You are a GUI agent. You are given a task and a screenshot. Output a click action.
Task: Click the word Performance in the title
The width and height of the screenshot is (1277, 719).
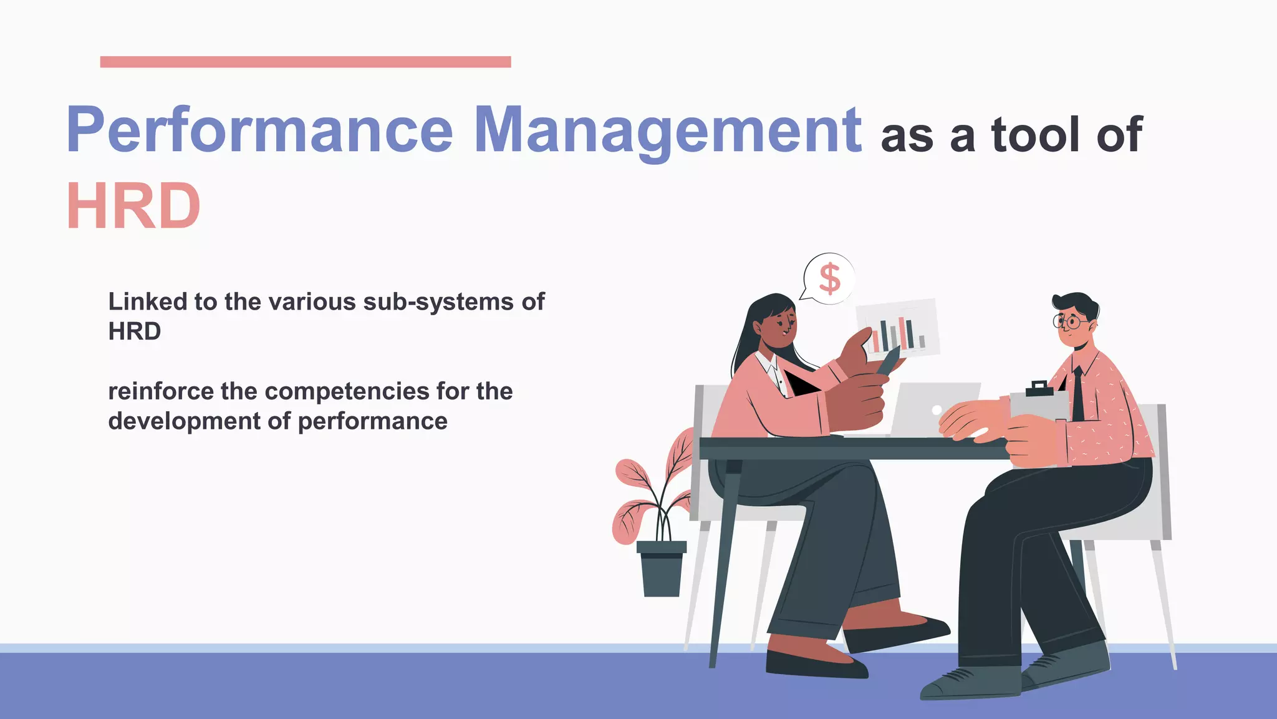pyautogui.click(x=259, y=130)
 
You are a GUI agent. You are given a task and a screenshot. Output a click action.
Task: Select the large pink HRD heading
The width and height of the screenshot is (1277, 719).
pyautogui.click(x=133, y=207)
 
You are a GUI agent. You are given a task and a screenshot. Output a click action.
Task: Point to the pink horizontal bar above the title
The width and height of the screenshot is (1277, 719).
pyautogui.click(x=306, y=62)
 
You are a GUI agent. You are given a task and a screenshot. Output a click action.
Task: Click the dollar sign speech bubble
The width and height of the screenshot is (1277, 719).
pyautogui.click(x=829, y=278)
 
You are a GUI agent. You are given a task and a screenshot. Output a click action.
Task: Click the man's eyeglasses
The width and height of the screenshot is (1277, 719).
pyautogui.click(x=1069, y=322)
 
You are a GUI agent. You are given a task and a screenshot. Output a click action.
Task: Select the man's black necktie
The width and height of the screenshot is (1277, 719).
pyautogui.click(x=1077, y=393)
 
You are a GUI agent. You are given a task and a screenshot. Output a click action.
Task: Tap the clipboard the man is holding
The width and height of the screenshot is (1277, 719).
pyautogui.click(x=1039, y=403)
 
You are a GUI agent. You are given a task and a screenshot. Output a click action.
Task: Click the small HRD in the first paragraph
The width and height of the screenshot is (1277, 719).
pyautogui.click(x=135, y=331)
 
